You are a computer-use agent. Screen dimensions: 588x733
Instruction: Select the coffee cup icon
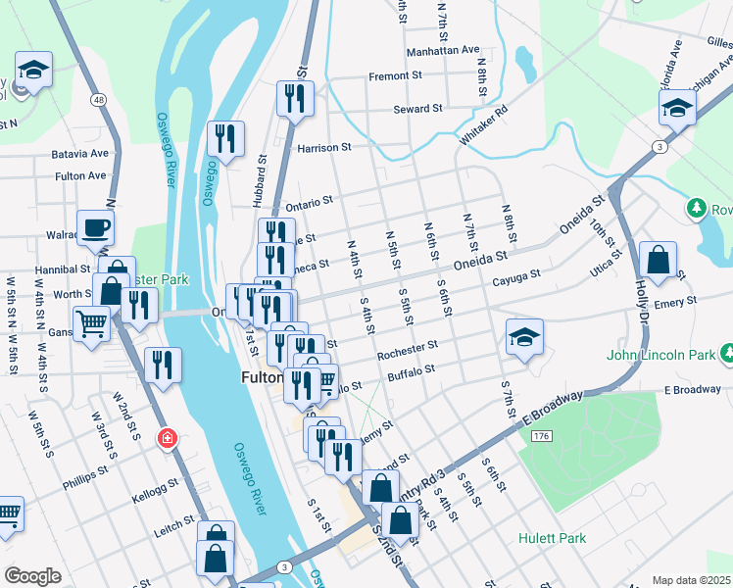click(x=95, y=227)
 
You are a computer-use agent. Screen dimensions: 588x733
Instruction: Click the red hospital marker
click(x=168, y=437)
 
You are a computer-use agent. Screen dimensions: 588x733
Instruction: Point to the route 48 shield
click(x=99, y=99)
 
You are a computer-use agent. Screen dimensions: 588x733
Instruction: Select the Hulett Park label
click(x=553, y=538)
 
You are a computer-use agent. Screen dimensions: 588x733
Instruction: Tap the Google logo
click(x=32, y=575)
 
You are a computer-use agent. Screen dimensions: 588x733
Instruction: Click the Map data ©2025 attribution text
click(x=692, y=580)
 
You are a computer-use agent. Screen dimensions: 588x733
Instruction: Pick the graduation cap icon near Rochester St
click(x=524, y=338)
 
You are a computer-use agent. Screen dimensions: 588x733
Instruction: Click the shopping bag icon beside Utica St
click(x=658, y=262)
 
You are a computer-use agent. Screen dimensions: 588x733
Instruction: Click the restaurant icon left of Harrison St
click(x=226, y=140)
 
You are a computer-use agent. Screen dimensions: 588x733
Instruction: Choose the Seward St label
click(x=418, y=109)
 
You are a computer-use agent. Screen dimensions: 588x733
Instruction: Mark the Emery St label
click(x=677, y=301)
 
